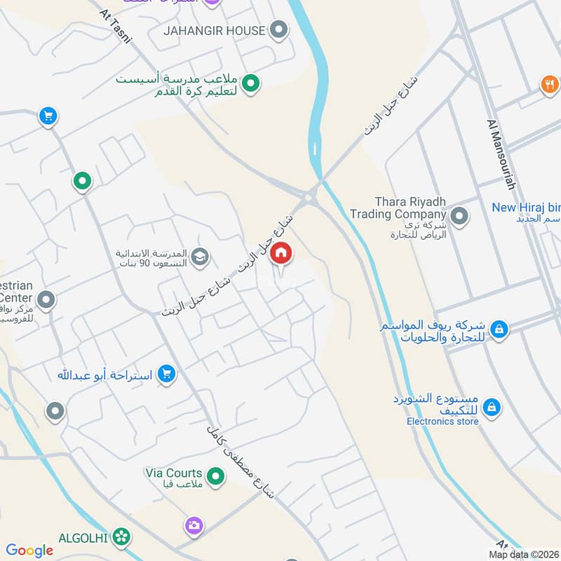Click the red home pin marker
[281, 253]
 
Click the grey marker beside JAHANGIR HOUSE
[279, 30]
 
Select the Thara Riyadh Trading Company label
[398, 208]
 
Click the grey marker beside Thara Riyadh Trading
[459, 216]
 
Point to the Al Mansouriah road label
[501, 154]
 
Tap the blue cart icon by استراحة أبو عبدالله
[166, 374]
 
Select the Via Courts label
[173, 473]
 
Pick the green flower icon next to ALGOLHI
[123, 536]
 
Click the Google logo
[29, 550]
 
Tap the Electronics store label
[442, 421]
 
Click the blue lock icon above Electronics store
[492, 407]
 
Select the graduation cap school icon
[200, 257]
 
